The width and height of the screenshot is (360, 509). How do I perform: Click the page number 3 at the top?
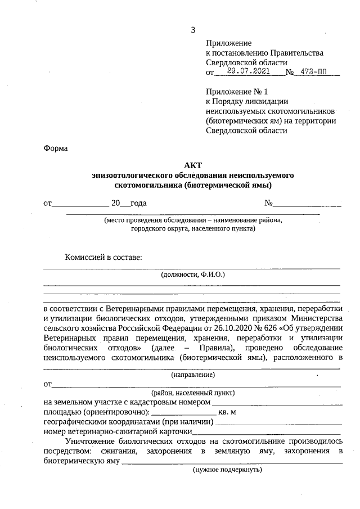click(x=193, y=30)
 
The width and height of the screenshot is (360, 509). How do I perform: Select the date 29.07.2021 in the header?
click(x=249, y=72)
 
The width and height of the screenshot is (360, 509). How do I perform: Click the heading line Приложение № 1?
click(x=238, y=92)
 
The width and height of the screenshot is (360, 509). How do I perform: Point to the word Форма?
click(x=55, y=148)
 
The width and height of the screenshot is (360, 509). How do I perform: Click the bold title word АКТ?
click(x=192, y=165)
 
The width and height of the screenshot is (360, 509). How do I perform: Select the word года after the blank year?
click(x=138, y=203)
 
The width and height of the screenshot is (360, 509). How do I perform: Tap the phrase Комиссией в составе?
click(x=104, y=257)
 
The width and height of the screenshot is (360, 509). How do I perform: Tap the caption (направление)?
click(x=192, y=374)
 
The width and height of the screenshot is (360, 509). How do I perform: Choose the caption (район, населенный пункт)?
click(x=192, y=393)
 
